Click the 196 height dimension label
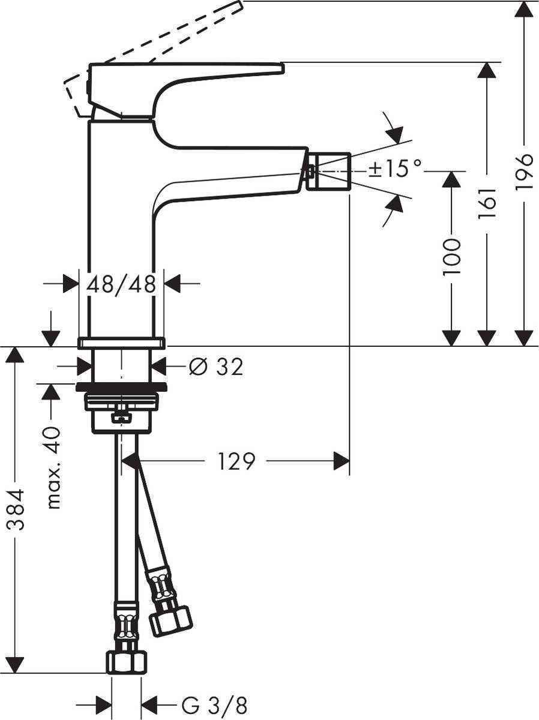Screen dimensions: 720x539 (524, 172)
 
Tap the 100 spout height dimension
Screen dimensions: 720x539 (451, 256)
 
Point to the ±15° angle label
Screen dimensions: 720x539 (396, 169)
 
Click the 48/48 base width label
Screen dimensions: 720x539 (121, 284)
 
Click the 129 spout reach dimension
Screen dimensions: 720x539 (236, 461)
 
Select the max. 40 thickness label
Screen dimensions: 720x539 (55, 468)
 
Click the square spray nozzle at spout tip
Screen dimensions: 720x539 (328, 171)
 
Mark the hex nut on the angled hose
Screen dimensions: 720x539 (169, 618)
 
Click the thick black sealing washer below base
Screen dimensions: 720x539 (121, 386)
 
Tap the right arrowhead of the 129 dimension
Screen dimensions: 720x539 (343, 461)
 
